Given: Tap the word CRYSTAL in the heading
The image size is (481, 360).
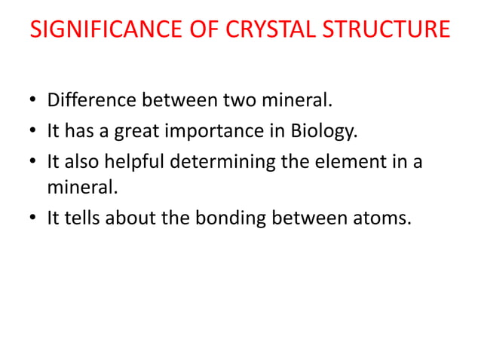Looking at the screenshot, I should click(271, 30).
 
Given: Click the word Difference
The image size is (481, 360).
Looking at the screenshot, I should click(90, 100).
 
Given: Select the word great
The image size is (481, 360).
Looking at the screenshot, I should click(136, 132).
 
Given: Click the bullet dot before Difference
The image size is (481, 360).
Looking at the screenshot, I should click(33, 102).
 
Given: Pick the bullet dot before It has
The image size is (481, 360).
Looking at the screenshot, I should click(33, 133).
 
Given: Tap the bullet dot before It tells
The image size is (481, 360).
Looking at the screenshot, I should click(33, 220).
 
